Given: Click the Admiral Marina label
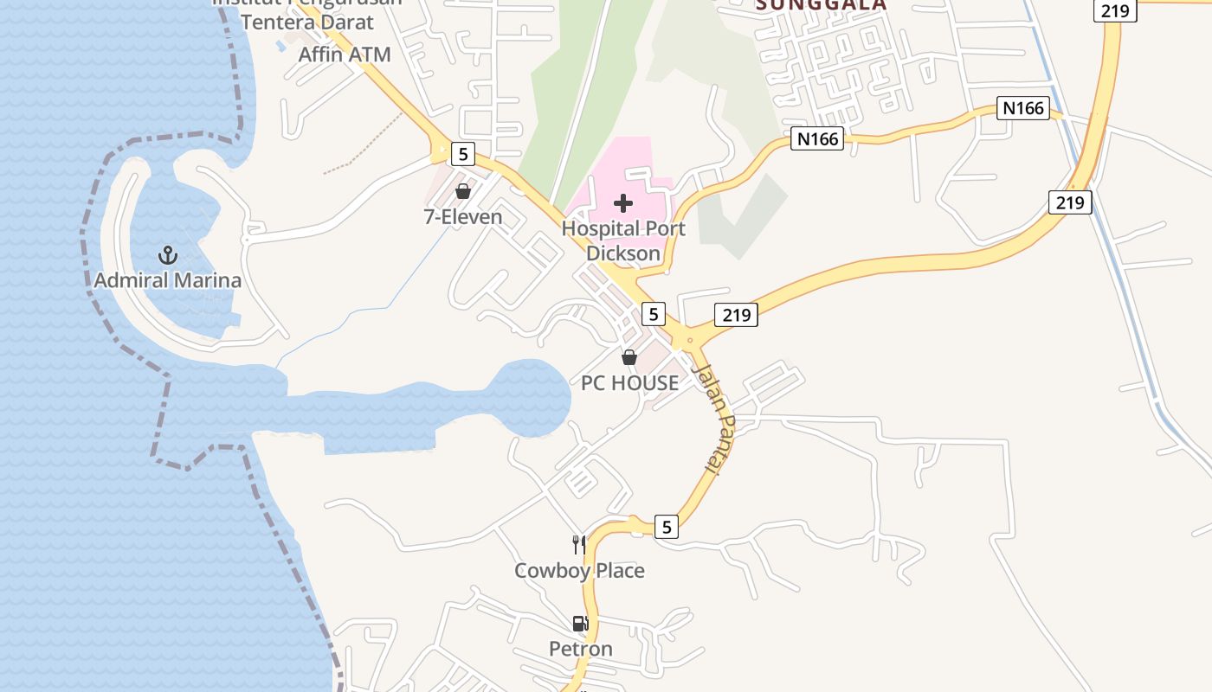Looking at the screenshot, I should click(x=167, y=280).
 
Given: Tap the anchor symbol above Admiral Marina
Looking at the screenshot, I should click(x=168, y=255).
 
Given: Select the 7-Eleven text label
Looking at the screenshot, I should click(x=463, y=216).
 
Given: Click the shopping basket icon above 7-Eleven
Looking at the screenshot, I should click(x=463, y=191).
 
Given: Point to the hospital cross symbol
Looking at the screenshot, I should click(x=622, y=204).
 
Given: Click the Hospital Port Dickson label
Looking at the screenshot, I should click(x=623, y=241).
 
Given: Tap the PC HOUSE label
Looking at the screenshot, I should click(x=629, y=382).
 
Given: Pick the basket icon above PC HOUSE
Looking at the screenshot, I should click(x=629, y=356).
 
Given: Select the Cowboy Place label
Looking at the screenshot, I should click(x=579, y=571).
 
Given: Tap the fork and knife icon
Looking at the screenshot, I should click(x=579, y=544).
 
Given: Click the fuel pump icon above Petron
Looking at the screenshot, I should click(x=580, y=624).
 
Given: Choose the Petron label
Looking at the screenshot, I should click(x=580, y=649).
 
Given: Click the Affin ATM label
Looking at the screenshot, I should click(x=345, y=54).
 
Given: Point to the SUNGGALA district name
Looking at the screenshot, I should click(x=822, y=4).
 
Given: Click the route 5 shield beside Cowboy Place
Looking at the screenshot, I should click(x=666, y=526).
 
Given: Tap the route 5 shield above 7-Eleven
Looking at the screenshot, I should click(x=463, y=155).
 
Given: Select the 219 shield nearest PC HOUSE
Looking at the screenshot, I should click(x=736, y=315).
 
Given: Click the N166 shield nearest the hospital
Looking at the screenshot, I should click(x=816, y=138).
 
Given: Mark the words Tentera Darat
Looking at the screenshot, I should click(x=307, y=22).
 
